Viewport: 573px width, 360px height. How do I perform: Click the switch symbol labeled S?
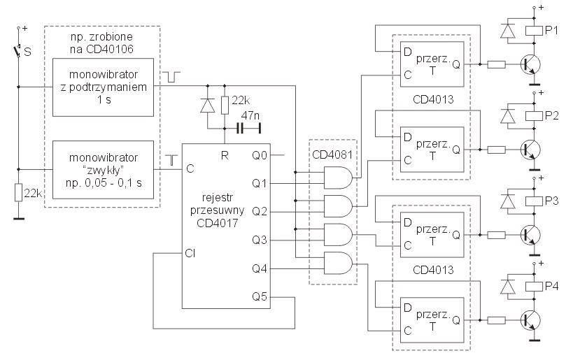pyautogui.click(x=17, y=52)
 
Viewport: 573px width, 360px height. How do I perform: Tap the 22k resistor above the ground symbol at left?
pyautogui.click(x=18, y=193)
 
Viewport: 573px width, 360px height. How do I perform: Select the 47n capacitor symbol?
pyautogui.click(x=240, y=129)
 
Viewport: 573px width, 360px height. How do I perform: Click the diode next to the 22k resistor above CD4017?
pyautogui.click(x=208, y=106)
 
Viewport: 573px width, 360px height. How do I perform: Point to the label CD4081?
pyautogui.click(x=332, y=154)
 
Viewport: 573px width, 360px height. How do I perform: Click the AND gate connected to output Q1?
pyautogui.click(x=338, y=178)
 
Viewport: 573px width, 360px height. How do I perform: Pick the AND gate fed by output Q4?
pyautogui.click(x=338, y=263)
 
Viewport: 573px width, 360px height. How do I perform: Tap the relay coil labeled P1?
pyautogui.click(x=534, y=31)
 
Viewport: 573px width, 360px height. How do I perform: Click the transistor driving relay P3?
pyautogui.click(x=530, y=235)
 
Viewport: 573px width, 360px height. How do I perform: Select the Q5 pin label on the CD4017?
pyautogui.click(x=260, y=296)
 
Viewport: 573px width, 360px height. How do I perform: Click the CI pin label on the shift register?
pyautogui.click(x=190, y=253)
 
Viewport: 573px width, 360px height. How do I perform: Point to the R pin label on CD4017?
pyautogui.click(x=225, y=156)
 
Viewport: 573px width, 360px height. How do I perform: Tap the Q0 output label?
pyautogui.click(x=260, y=156)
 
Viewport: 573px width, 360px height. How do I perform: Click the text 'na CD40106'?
pyautogui.click(x=101, y=49)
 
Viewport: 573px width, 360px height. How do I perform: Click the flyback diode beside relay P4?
pyautogui.click(x=508, y=287)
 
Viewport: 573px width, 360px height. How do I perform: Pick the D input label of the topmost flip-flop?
pyautogui.click(x=407, y=52)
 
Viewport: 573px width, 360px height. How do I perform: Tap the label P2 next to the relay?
pyautogui.click(x=552, y=115)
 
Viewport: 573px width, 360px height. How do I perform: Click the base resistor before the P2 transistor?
pyautogui.click(x=497, y=150)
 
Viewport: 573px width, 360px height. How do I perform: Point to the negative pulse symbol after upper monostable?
pyautogui.click(x=171, y=77)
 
